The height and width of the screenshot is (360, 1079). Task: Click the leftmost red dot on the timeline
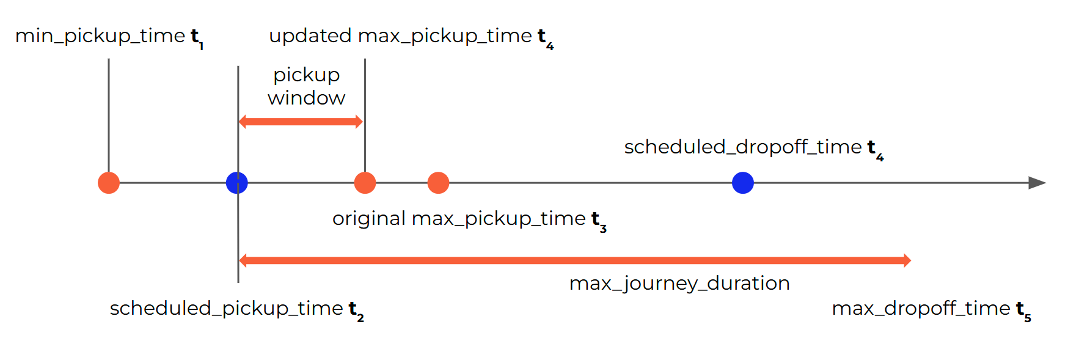tap(109, 183)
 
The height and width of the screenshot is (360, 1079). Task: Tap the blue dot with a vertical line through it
tap(237, 183)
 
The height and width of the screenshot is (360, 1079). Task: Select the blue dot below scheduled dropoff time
tap(742, 183)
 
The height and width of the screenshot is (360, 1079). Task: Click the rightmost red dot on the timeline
tap(438, 183)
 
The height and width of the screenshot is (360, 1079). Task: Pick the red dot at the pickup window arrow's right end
tap(365, 183)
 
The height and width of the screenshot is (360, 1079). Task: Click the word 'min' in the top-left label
tap(34, 36)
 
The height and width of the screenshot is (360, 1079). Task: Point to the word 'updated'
tap(310, 36)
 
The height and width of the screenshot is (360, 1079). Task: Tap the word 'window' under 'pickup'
tap(307, 98)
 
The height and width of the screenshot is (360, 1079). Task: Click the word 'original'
tap(368, 219)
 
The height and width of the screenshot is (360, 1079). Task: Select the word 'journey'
tap(660, 284)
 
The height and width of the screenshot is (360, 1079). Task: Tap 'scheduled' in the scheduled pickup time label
tap(160, 309)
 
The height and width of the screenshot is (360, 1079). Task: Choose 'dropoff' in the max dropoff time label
tap(920, 309)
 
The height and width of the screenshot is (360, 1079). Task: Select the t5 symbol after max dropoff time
tap(1023, 311)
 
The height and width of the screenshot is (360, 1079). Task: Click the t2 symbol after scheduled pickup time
tap(356, 311)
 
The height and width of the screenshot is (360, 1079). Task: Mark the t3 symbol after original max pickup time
tap(599, 221)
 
